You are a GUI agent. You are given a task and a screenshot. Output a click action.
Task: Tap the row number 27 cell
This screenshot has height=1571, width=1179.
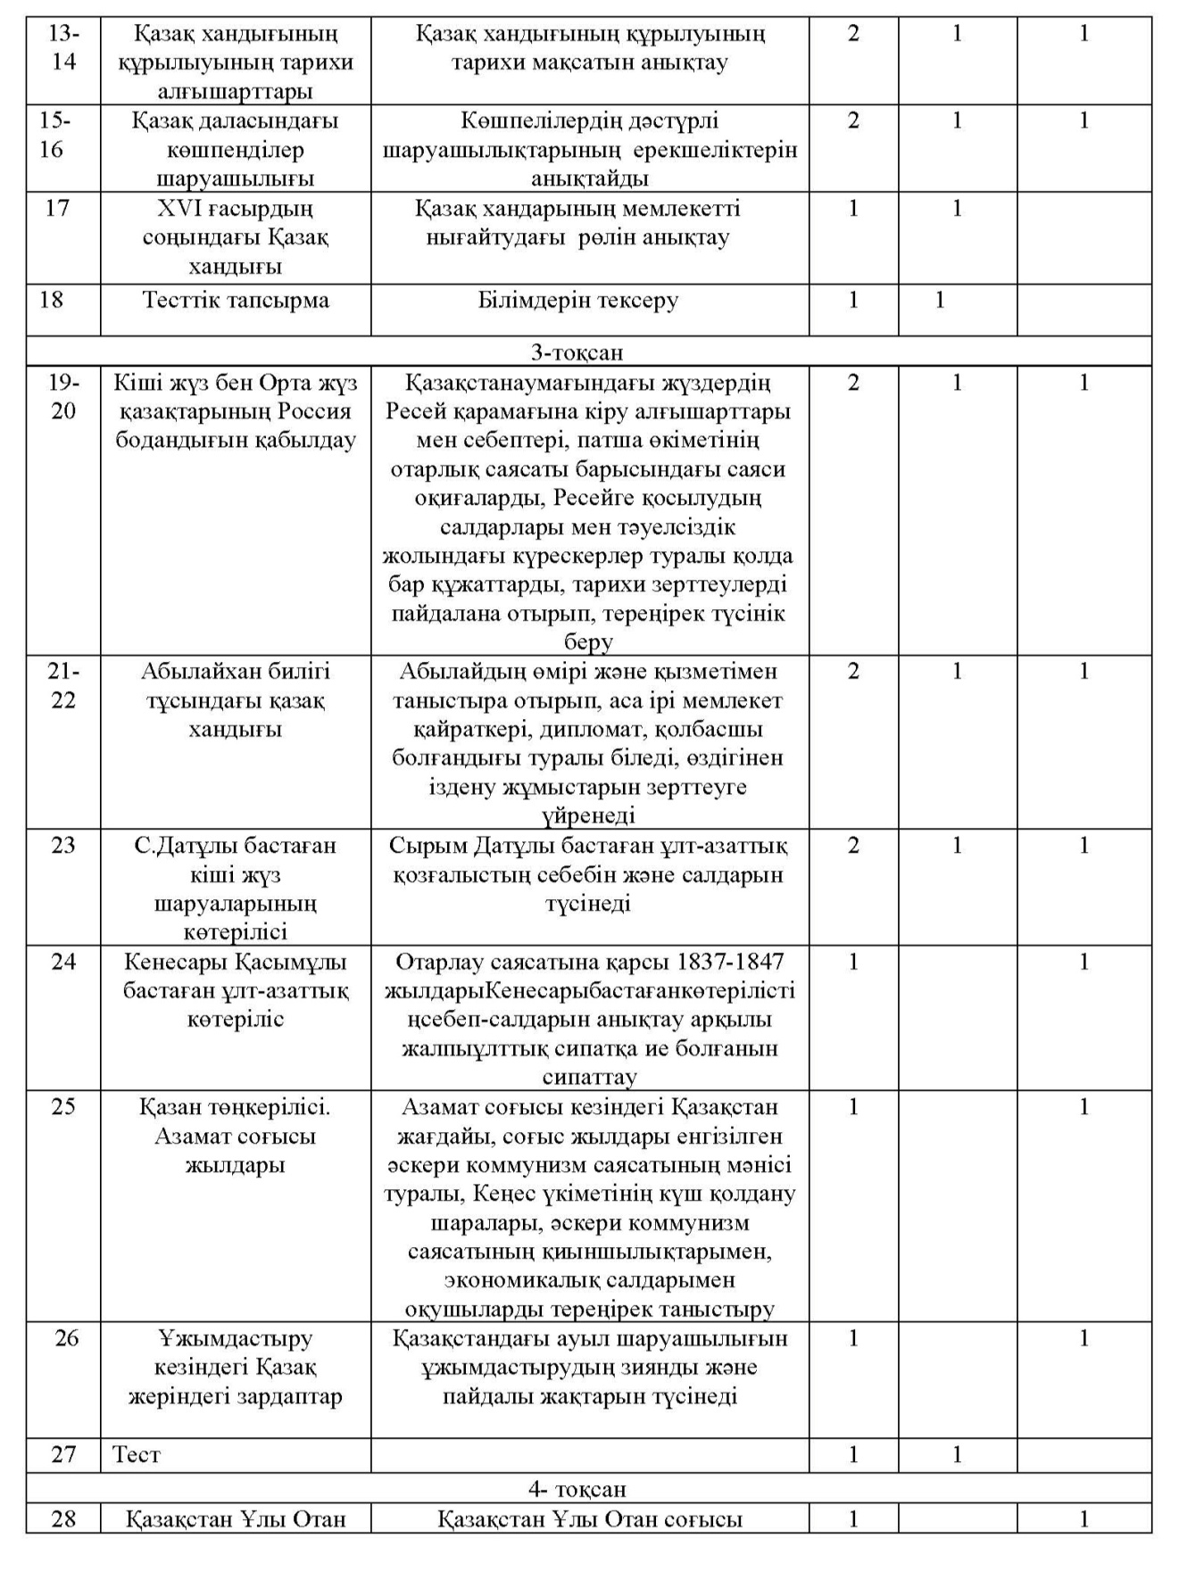63,1455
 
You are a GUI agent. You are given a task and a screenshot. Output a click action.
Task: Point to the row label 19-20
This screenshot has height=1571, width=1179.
63,397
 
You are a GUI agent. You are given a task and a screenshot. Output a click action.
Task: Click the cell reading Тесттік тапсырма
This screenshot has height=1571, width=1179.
236,300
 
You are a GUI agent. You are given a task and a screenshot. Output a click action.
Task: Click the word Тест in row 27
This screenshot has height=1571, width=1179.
137,1455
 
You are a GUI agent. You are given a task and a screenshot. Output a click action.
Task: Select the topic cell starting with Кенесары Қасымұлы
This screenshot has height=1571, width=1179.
236,990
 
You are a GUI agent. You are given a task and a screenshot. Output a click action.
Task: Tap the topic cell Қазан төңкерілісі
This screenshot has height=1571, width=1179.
236,1136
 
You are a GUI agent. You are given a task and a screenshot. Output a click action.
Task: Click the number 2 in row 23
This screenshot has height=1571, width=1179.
853,845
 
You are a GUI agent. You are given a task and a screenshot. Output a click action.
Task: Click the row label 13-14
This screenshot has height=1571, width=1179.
63,48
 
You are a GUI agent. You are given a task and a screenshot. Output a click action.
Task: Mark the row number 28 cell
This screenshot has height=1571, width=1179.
63,1519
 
